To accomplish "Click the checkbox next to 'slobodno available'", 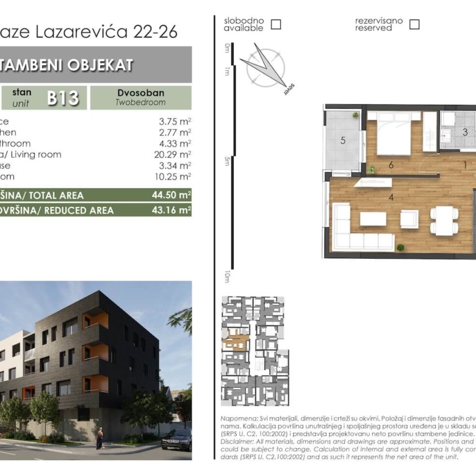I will (x=276, y=24).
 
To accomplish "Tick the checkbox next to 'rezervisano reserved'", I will (x=414, y=24).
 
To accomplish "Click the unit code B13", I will (x=63, y=98).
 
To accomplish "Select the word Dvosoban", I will (x=140, y=93).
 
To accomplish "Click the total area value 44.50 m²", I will (x=171, y=195).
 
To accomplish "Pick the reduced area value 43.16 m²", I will (x=171, y=211).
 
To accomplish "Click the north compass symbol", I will (x=266, y=67).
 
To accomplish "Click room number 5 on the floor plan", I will (x=343, y=140).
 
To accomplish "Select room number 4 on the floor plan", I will (x=391, y=197).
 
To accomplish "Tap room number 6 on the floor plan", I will (x=391, y=165).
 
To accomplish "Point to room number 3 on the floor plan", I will (x=464, y=132).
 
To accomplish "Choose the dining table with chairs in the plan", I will (x=444, y=220).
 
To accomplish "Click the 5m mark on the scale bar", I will (x=226, y=161).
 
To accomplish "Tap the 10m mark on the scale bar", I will (x=226, y=276).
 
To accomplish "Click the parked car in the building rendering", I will (x=176, y=439).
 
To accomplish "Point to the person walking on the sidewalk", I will (x=99, y=438).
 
